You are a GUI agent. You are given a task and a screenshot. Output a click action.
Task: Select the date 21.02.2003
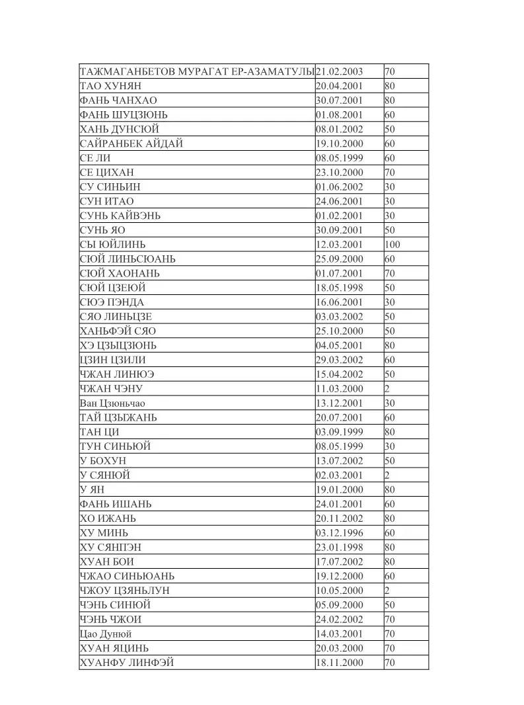click(340, 71)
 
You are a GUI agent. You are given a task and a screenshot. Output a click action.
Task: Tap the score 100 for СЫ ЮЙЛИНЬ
click(392, 245)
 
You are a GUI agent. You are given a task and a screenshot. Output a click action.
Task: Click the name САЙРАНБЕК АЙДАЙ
click(131, 144)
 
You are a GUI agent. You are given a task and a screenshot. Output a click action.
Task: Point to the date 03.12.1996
click(340, 533)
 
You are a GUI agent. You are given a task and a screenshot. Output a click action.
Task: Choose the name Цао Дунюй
click(106, 634)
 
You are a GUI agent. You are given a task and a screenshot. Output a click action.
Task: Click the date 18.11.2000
click(340, 663)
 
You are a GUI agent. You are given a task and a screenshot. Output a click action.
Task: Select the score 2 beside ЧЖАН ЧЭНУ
click(387, 389)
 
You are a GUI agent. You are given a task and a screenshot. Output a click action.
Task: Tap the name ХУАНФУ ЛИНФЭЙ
click(127, 663)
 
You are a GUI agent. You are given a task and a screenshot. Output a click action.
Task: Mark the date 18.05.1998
click(340, 288)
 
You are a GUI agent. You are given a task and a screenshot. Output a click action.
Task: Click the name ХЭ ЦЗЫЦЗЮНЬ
click(118, 345)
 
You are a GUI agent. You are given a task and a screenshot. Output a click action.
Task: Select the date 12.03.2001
click(340, 245)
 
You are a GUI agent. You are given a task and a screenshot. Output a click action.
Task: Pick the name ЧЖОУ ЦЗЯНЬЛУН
click(129, 591)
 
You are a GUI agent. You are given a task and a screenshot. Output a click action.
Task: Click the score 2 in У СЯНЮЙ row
click(387, 476)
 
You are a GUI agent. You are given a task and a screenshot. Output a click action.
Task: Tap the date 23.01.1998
click(340, 548)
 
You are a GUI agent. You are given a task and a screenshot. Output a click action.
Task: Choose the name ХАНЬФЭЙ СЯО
click(118, 331)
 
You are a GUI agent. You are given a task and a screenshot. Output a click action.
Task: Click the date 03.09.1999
click(340, 432)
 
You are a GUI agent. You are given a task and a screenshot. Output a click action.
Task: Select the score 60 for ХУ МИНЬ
click(390, 533)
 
